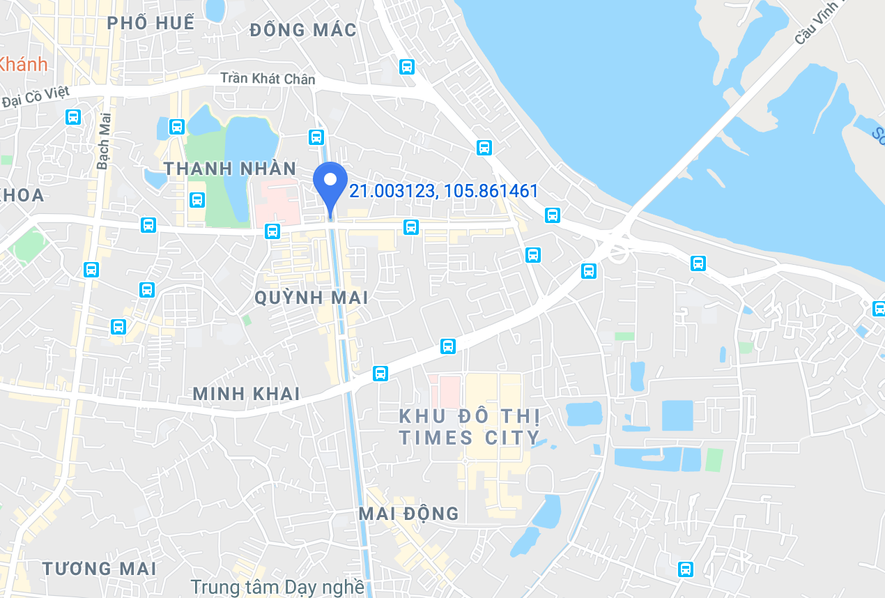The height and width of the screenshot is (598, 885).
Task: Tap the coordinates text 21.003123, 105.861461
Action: click(443, 191)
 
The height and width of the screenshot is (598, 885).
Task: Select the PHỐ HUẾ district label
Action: click(151, 22)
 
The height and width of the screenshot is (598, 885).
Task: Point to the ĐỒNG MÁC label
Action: click(303, 30)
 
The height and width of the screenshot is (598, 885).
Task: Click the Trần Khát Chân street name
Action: click(268, 79)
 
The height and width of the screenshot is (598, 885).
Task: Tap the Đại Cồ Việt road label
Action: click(36, 97)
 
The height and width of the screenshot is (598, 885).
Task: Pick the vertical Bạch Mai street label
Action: click(105, 141)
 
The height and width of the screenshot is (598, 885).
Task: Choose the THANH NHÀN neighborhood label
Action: click(230, 169)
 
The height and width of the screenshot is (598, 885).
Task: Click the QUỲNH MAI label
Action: click(311, 298)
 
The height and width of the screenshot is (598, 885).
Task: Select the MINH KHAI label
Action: click(246, 394)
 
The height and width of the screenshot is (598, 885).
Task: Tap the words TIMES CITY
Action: click(469, 438)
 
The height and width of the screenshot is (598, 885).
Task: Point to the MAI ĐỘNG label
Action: click(408, 514)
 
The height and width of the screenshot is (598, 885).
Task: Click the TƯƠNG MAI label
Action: click(100, 569)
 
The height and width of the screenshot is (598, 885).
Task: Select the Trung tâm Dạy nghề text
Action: click(277, 587)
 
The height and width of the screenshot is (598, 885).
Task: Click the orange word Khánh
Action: click(24, 64)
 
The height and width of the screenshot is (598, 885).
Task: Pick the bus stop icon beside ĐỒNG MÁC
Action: click(407, 67)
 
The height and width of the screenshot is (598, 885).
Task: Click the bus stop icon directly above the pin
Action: click(318, 136)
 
